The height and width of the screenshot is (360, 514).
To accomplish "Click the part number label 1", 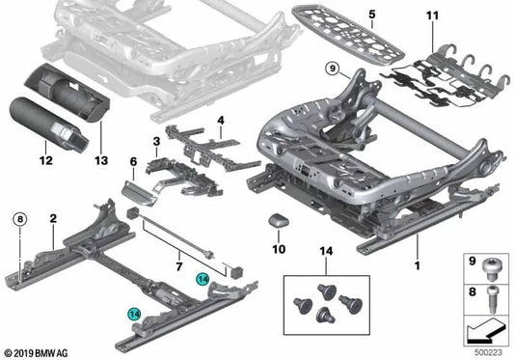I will click(416, 263).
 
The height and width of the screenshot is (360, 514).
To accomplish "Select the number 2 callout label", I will click(53, 220).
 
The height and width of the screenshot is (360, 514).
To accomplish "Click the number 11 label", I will click(432, 17).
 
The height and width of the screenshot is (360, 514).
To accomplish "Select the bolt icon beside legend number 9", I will click(492, 263).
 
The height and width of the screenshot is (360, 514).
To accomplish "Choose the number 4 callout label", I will click(221, 121).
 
